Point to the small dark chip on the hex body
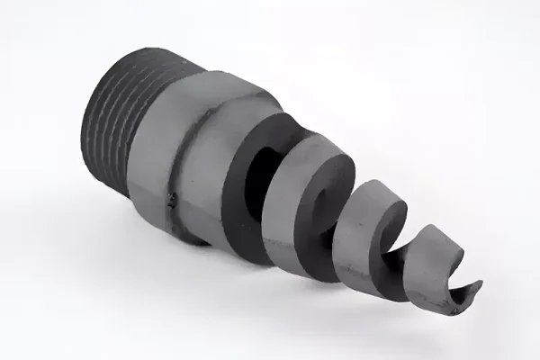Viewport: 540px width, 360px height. click(x=170, y=200)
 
